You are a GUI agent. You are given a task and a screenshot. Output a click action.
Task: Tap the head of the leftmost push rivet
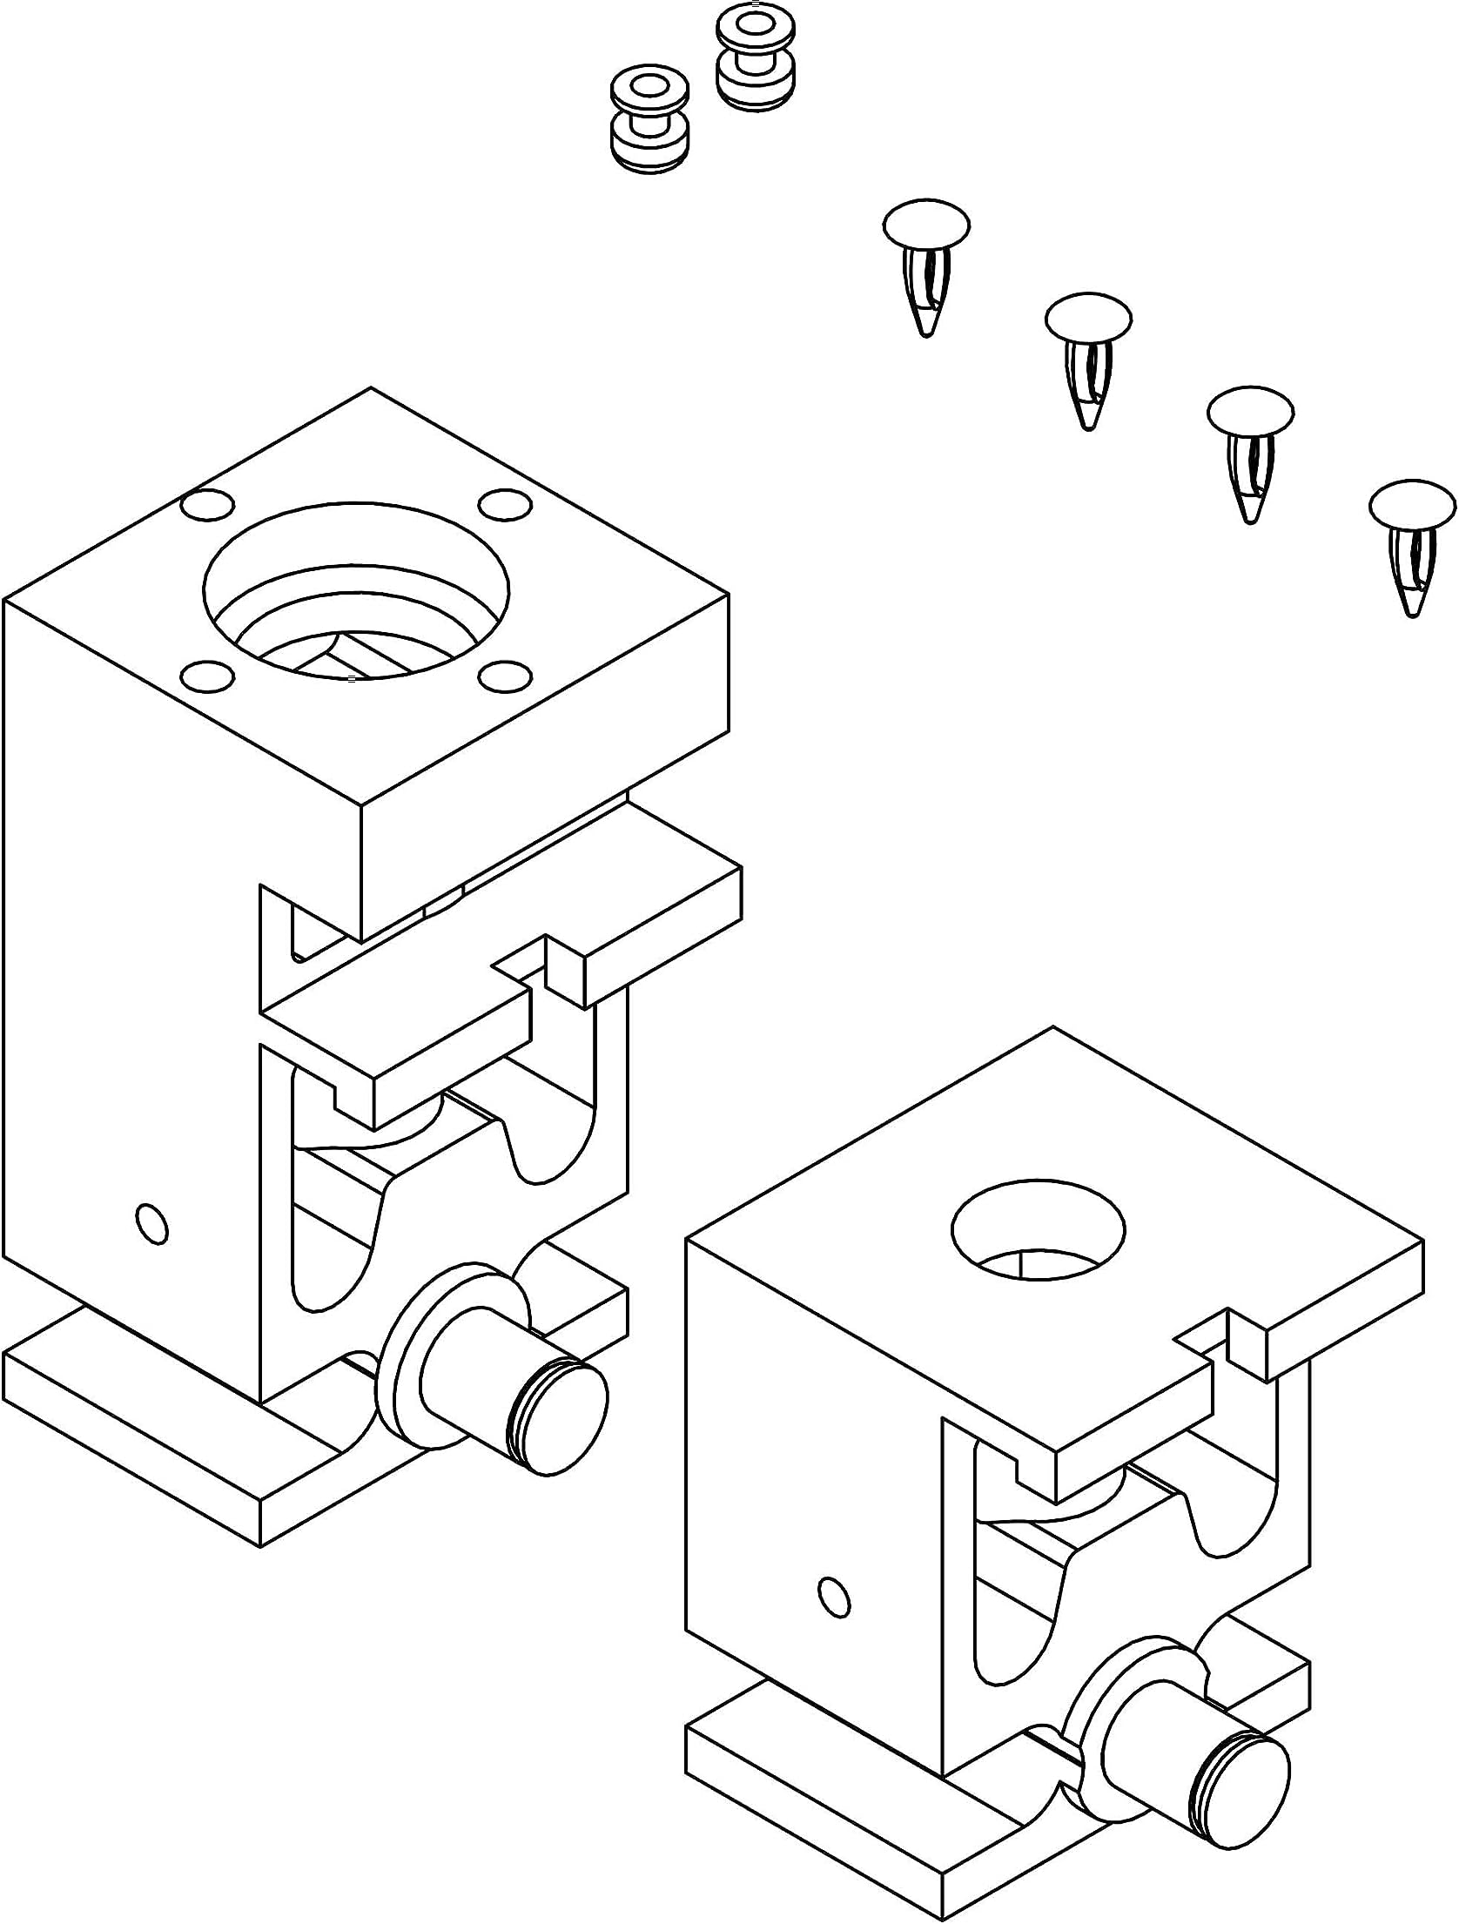pyautogui.click(x=926, y=225)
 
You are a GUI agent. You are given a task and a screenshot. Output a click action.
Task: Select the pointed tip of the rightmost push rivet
pyautogui.click(x=1412, y=611)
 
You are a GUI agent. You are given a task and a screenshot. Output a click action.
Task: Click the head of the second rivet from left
pyautogui.click(x=1088, y=319)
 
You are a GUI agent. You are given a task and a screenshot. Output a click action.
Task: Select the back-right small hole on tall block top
pyautogui.click(x=505, y=503)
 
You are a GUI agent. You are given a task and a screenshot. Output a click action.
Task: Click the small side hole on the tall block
pyautogui.click(x=152, y=1225)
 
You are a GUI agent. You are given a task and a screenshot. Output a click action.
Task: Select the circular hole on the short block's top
pyautogui.click(x=1039, y=1230)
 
